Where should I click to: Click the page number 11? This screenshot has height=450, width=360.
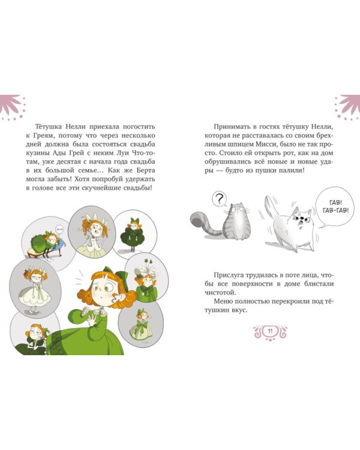pos(270,331)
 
